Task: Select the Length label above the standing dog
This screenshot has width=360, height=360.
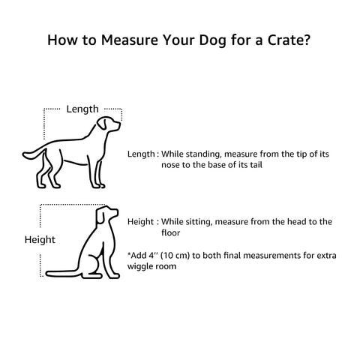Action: (82, 109)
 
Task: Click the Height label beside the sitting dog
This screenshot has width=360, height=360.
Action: (40, 239)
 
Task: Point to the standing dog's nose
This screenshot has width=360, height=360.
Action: (120, 127)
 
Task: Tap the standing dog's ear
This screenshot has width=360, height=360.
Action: (107, 125)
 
